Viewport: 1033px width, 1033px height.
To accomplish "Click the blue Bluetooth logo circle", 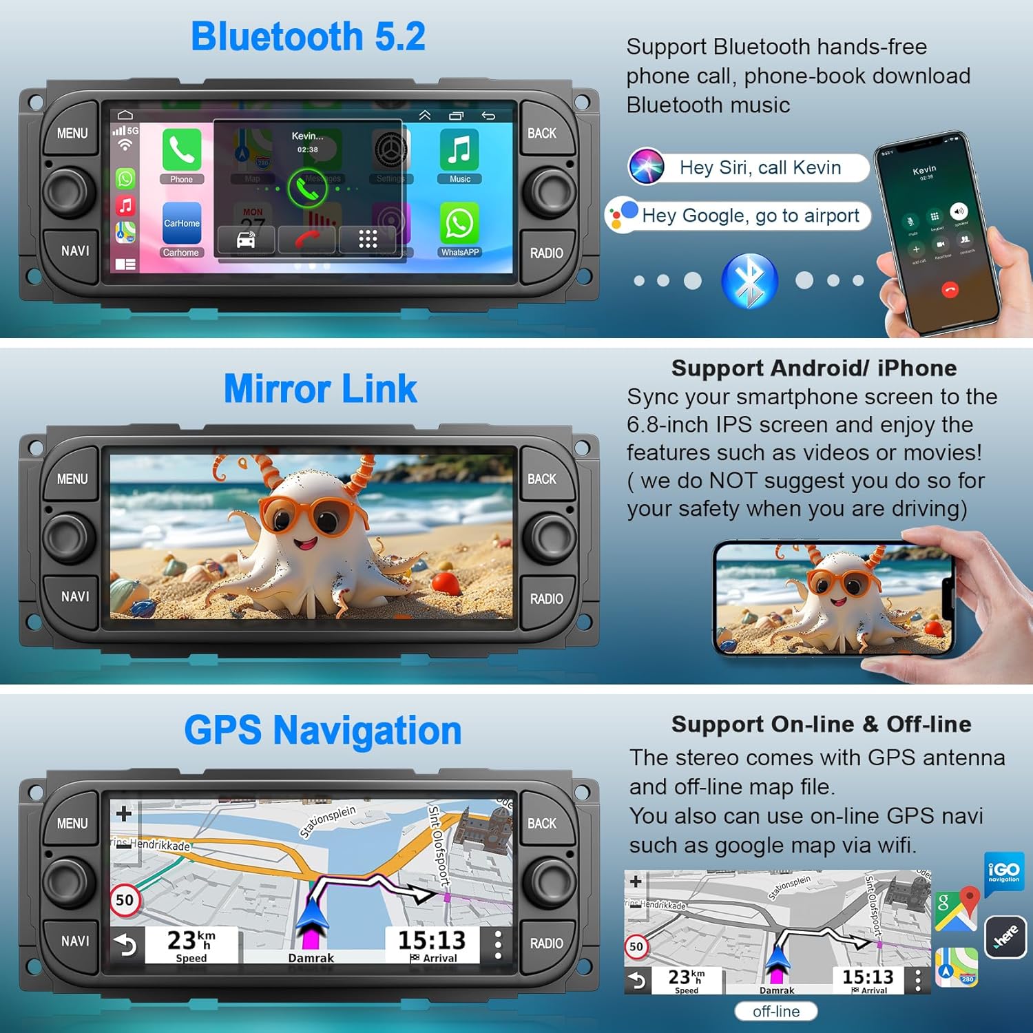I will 749,281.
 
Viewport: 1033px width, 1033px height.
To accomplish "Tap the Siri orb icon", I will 646,167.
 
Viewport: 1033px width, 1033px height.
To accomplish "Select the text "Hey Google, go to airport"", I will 750,216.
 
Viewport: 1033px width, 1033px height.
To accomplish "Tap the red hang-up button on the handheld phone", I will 950,290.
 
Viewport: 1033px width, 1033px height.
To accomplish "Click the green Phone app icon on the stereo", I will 182,150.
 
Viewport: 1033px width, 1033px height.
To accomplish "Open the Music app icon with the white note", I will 459,150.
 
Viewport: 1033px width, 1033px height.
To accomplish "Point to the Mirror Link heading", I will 320,389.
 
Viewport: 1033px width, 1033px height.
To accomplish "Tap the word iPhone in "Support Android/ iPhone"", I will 917,368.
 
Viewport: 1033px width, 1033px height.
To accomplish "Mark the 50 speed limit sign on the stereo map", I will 125,900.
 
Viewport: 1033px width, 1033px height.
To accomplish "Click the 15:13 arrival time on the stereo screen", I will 432,940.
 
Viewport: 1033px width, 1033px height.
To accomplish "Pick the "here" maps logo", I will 1005,937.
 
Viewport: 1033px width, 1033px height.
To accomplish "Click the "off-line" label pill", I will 776,1011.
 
